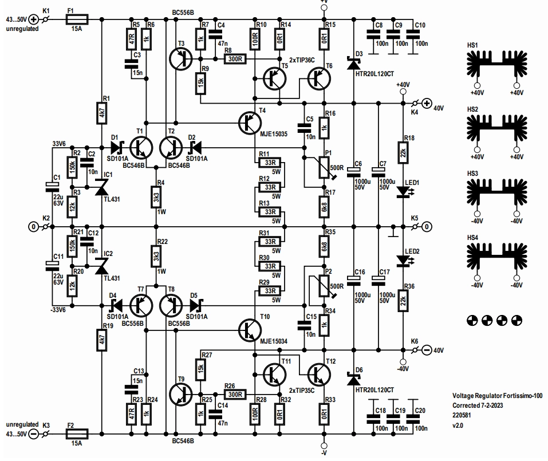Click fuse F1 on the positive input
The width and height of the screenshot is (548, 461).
point(77,19)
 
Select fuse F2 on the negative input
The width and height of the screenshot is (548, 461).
point(77,434)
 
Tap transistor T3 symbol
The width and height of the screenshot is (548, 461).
point(181,59)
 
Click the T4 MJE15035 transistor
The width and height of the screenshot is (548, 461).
point(250,123)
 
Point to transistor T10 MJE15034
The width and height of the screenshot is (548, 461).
point(250,330)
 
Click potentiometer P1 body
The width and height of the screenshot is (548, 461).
point(324,167)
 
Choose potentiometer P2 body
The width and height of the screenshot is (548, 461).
point(324,286)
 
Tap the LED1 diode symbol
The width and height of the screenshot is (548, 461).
point(404,191)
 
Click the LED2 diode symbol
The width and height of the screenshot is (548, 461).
point(404,260)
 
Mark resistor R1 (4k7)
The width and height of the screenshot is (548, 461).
point(102,113)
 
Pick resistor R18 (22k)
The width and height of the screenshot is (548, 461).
point(403,153)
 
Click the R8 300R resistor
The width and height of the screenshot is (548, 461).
point(235,59)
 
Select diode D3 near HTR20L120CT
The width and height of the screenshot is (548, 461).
point(354,63)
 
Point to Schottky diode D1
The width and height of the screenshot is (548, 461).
point(116,148)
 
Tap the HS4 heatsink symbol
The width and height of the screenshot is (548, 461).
point(496,258)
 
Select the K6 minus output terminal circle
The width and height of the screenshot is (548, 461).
point(427,350)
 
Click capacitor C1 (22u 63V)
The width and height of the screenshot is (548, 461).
point(52,187)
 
